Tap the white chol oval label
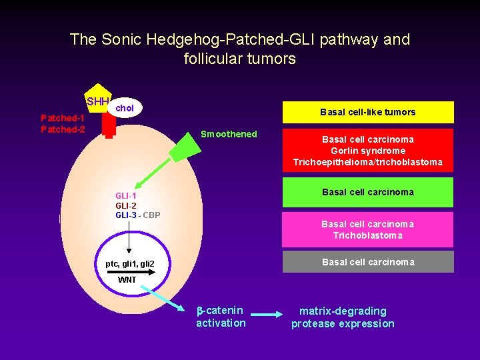point(125,107)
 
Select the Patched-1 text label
point(63,118)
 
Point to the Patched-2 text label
point(63,129)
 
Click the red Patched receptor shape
point(109,127)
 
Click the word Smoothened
point(229,134)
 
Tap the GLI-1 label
point(126,195)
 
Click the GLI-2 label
point(126,205)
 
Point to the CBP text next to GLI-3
point(151,215)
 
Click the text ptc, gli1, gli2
point(130,265)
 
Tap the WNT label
point(127,280)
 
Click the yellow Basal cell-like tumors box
point(368,112)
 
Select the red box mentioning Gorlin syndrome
point(368,151)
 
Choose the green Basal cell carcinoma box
point(368,193)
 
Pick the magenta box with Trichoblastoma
point(368,229)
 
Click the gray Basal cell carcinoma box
point(368,262)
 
